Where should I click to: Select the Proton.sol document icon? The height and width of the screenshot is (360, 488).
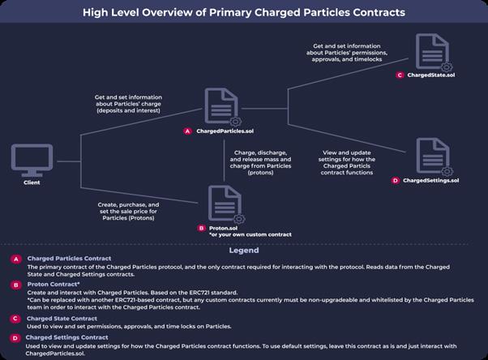pyautogui.click(x=225, y=204)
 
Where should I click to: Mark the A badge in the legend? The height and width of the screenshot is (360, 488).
pyautogui.click(x=15, y=259)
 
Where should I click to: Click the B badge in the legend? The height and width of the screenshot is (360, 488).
pyautogui.click(x=15, y=285)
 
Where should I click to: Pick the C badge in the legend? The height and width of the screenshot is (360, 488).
pyautogui.click(x=15, y=318)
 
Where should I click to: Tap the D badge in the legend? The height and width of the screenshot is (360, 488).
pyautogui.click(x=15, y=337)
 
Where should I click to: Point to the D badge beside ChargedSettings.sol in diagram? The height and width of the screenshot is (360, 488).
pyautogui.click(x=395, y=180)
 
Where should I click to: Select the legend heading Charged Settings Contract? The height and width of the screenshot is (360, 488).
pyautogui.click(x=66, y=336)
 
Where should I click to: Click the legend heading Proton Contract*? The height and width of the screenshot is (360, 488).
pyautogui.click(x=57, y=285)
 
